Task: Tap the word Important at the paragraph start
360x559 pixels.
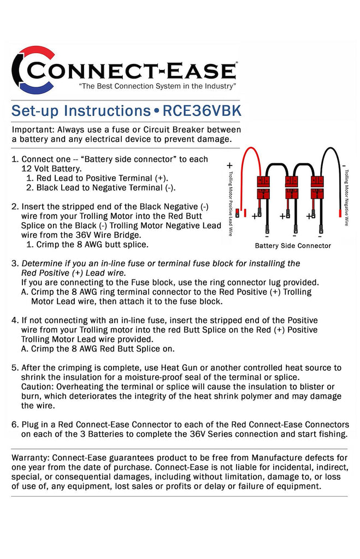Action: click(x=32, y=130)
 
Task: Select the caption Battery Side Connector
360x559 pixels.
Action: click(x=293, y=246)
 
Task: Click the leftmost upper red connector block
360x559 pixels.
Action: click(x=263, y=181)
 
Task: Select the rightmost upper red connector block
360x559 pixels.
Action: click(x=317, y=181)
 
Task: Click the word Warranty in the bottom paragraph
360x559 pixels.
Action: click(x=31, y=457)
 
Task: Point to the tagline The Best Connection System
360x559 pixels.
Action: click(x=157, y=87)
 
